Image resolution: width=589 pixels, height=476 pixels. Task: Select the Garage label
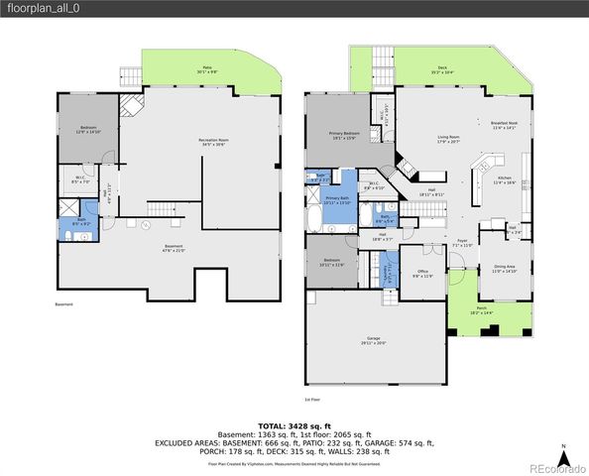(x=375, y=339)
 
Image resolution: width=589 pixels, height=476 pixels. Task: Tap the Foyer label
(x=462, y=241)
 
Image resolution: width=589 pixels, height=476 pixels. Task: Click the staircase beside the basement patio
(x=130, y=75)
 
